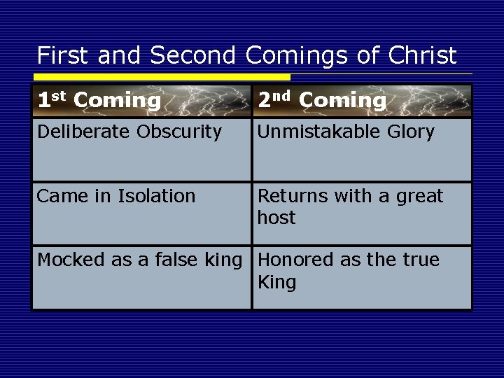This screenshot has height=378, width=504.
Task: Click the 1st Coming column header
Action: click(x=99, y=101)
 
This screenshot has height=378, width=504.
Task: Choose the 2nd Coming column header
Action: click(x=322, y=101)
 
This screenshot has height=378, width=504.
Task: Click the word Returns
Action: click(x=288, y=197)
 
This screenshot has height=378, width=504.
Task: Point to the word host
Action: click(x=276, y=218)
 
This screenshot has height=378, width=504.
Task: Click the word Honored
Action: click(x=291, y=260)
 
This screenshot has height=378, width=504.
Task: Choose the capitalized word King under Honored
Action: click(x=277, y=283)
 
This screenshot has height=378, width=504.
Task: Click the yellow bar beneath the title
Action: click(x=161, y=76)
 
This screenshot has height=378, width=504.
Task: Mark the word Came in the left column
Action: click(x=59, y=197)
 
